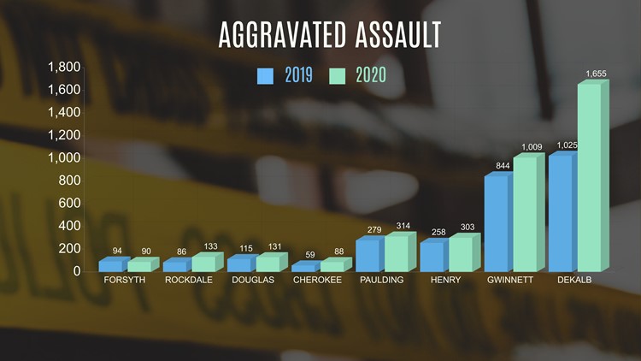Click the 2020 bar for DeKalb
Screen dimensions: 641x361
(x=593, y=176)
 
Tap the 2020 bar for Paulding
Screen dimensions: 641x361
(x=400, y=252)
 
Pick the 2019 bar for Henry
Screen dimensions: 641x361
(x=434, y=256)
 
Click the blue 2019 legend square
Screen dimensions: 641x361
(x=265, y=76)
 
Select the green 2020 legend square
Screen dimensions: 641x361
(x=338, y=76)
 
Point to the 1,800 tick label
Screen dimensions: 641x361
(x=64, y=67)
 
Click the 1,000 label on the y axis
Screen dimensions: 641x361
(x=64, y=157)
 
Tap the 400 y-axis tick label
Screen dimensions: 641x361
(x=69, y=226)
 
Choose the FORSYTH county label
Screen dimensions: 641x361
(x=124, y=280)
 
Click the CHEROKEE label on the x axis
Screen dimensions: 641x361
(x=317, y=280)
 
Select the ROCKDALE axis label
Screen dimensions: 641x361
(x=189, y=280)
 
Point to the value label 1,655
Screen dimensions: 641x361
(x=596, y=74)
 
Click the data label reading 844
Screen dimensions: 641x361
(x=503, y=165)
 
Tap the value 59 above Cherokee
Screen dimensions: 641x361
(x=310, y=255)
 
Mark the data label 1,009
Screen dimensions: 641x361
(x=532, y=146)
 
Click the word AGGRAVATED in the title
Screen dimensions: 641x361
(x=283, y=35)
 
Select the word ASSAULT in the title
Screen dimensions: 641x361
(x=398, y=35)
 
